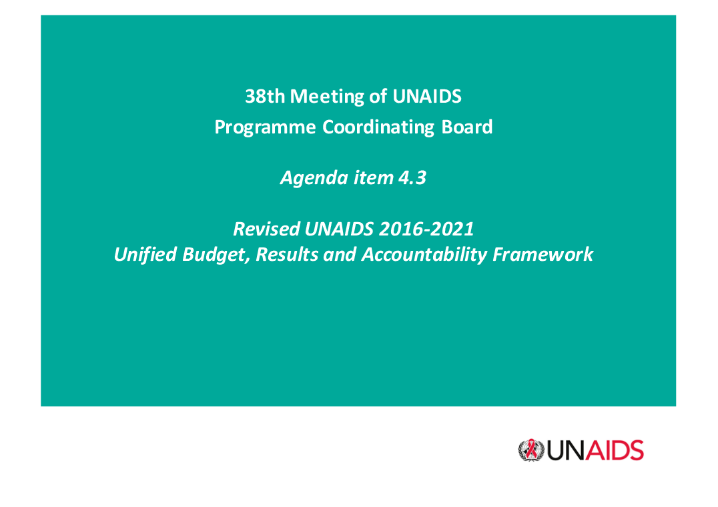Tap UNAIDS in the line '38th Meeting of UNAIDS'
(x=427, y=97)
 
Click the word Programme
(x=265, y=127)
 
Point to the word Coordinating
(x=378, y=127)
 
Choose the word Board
(x=466, y=127)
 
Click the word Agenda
(x=314, y=178)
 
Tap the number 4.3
(x=412, y=177)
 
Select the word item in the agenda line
(x=373, y=177)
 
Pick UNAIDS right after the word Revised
(x=338, y=229)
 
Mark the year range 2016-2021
(x=426, y=229)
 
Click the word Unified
(x=145, y=254)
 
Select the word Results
(x=287, y=254)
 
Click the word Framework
(x=543, y=254)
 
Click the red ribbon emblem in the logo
(x=531, y=450)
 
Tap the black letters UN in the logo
(x=566, y=451)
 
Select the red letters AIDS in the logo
(x=615, y=451)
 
